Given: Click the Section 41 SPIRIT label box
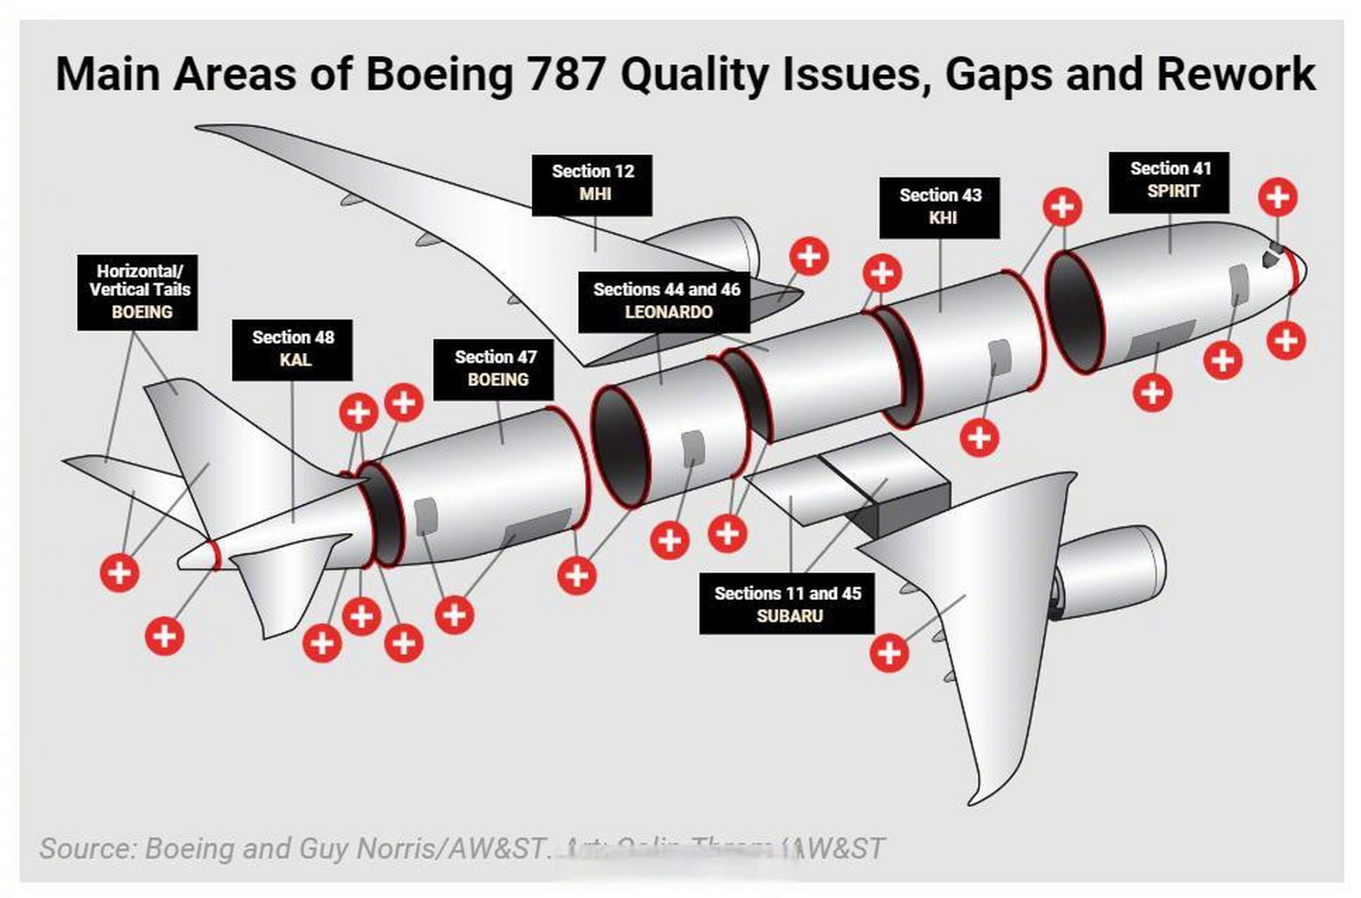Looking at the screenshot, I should point(1169,182).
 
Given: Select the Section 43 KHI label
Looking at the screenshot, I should point(939,208).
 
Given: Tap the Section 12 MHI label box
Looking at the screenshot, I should point(591,185).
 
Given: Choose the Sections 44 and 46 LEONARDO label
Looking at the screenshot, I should point(664,302).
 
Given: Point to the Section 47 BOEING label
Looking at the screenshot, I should point(493,370).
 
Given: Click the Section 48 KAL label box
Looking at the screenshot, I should point(292,349).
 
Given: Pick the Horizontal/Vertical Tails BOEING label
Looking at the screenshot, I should point(138,292).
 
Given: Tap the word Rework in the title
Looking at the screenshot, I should point(1235,74).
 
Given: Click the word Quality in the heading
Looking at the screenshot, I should point(695,74).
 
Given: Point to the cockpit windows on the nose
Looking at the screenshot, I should point(1273,255).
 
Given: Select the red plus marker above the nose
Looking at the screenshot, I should point(1278,197).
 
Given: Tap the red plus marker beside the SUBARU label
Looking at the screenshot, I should point(889,653).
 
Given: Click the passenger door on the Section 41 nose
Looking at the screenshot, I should point(1239,284).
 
